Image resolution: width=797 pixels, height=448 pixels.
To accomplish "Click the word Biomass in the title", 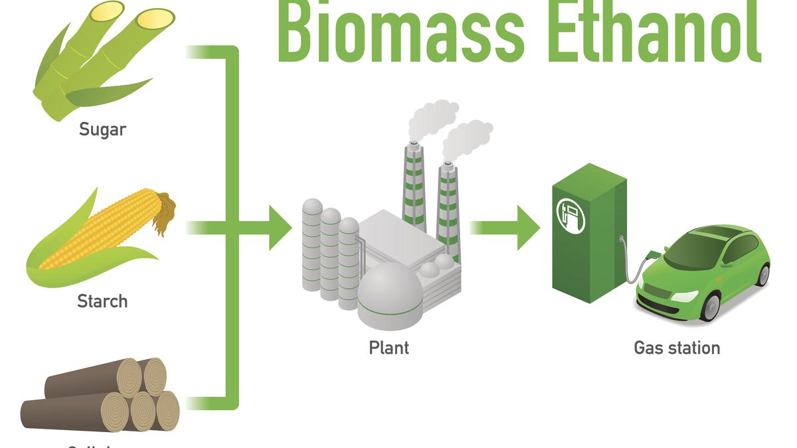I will coord(398,30).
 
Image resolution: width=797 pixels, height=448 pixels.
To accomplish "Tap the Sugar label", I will coord(102,129).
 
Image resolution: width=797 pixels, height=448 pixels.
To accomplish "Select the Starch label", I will coord(102,301).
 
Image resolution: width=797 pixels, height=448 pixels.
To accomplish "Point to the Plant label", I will coord(389,347).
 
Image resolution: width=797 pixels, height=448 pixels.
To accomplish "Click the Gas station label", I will coord(677,347).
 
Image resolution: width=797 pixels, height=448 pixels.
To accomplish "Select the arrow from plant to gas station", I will coord(505,228).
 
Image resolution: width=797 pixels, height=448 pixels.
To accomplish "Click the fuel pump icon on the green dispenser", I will coord(570,214).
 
